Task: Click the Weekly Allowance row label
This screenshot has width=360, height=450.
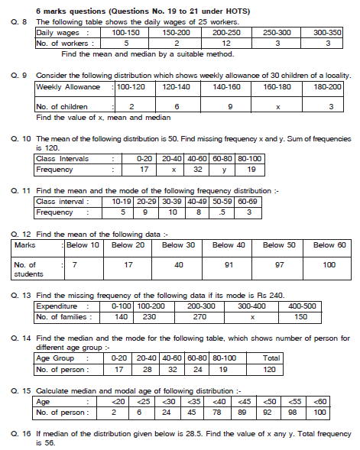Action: point(68,88)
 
